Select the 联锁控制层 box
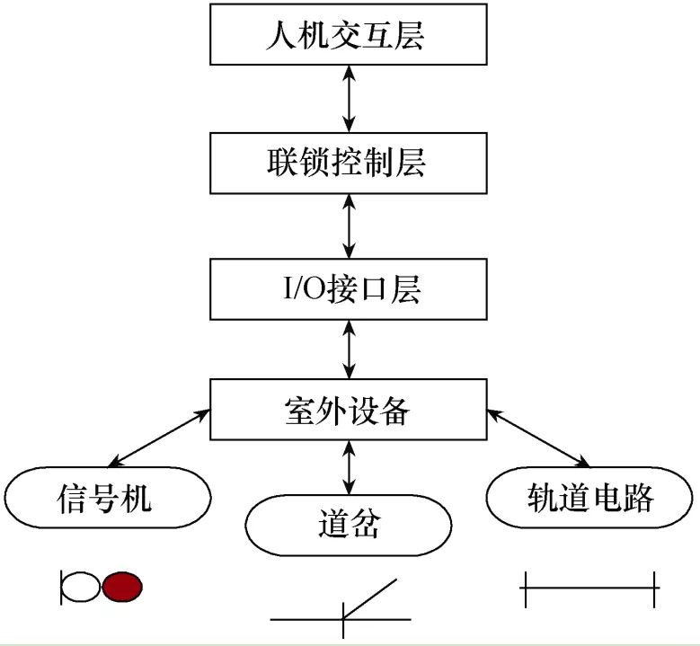(349, 164)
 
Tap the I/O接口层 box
(349, 289)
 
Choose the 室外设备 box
(349, 411)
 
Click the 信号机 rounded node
(107, 497)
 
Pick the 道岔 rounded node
(349, 524)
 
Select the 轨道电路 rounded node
(589, 497)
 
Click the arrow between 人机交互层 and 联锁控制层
(349, 100)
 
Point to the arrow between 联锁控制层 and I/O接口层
(349, 226)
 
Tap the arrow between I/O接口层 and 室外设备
(349, 350)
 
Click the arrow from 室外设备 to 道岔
(349, 466)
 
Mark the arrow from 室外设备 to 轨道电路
(538, 439)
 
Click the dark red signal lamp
(122, 587)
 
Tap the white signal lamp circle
(81, 587)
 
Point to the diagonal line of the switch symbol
(369, 597)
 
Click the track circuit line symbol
(589, 588)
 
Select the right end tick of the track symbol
(655, 588)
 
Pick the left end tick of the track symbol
(525, 588)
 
